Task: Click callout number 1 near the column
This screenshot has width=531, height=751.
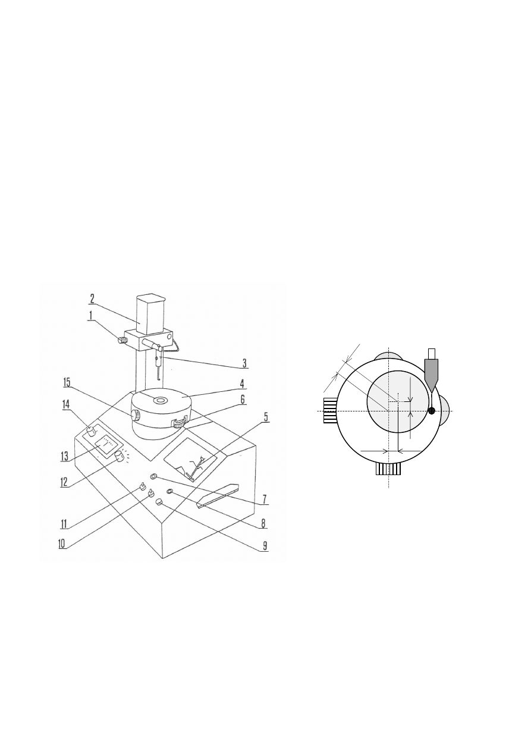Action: pyautogui.click(x=90, y=316)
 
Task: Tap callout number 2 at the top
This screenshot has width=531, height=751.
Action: pyautogui.click(x=92, y=298)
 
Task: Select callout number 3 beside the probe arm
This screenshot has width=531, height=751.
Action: pyautogui.click(x=244, y=363)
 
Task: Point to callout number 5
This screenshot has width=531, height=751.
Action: pyautogui.click(x=265, y=417)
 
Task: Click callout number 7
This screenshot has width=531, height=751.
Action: pyautogui.click(x=265, y=499)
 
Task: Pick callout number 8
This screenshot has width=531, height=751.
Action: pyautogui.click(x=263, y=523)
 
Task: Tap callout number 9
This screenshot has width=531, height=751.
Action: pyautogui.click(x=265, y=546)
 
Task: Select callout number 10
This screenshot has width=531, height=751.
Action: pyautogui.click(x=62, y=544)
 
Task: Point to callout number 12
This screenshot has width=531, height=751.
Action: pyautogui.click(x=64, y=482)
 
